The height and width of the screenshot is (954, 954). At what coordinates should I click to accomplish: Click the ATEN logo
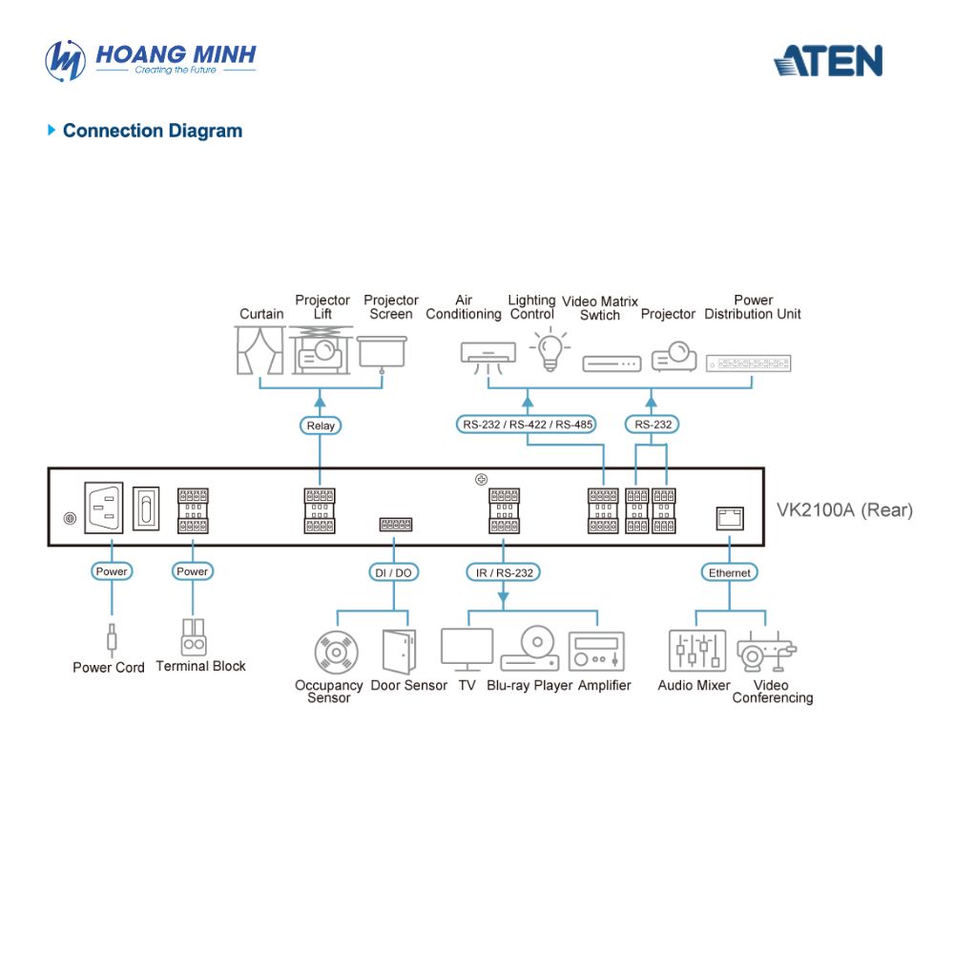[x=828, y=61]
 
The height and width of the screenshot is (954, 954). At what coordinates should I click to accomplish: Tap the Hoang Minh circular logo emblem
[x=65, y=60]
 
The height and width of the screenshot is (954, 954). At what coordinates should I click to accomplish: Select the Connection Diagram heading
[x=152, y=130]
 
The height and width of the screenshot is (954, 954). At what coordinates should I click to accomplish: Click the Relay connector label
[x=320, y=425]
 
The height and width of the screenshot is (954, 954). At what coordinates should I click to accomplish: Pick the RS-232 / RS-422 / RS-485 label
[x=527, y=425]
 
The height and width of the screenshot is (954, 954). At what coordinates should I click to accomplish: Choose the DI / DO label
[x=393, y=572]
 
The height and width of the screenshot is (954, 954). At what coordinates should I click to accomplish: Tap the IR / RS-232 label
[x=503, y=572]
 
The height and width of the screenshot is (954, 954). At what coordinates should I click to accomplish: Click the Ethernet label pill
[x=729, y=572]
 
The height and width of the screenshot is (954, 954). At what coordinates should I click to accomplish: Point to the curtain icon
[x=259, y=350]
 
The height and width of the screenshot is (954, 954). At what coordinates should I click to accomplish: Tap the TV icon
[x=467, y=650]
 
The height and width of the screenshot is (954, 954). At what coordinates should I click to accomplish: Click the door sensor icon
[x=399, y=651]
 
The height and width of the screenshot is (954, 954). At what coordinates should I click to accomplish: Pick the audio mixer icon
[x=697, y=651]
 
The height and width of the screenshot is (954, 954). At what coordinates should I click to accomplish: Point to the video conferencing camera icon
[x=766, y=653]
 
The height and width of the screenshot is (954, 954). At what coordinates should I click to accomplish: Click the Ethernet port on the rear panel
[x=730, y=518]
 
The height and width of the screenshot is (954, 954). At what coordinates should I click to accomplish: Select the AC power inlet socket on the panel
[x=103, y=508]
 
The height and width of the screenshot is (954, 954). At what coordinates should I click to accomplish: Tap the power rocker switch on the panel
[x=146, y=508]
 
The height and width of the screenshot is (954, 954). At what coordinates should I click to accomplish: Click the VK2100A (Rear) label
[x=844, y=509]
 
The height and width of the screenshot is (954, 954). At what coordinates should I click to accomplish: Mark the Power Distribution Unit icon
[x=748, y=363]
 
